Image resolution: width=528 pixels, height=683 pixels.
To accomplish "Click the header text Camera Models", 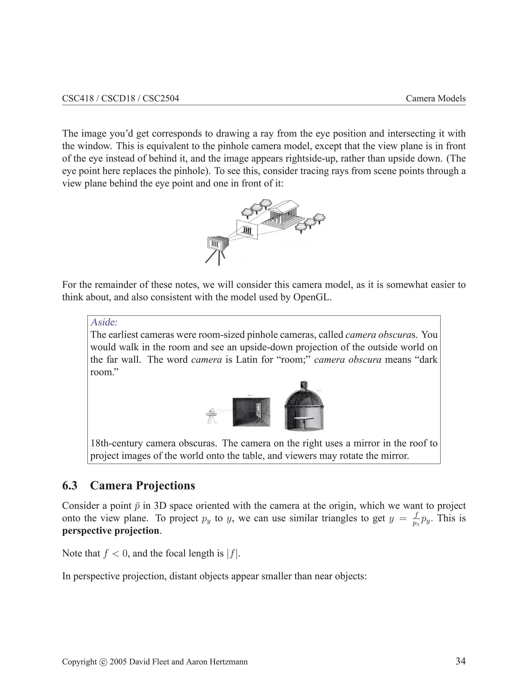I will coord(435,98).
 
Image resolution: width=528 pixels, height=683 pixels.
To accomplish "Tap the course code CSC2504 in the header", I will coord(161,98).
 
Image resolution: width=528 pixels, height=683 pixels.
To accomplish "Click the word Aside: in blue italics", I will coord(104,322).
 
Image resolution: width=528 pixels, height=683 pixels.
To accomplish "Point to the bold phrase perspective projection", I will coord(110,531).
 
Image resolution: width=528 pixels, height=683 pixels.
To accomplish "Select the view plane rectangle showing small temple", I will coord(247,230).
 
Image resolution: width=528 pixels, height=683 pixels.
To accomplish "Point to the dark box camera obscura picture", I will coord(251,412).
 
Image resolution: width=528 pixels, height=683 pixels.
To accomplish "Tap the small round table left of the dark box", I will coord(211,414).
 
